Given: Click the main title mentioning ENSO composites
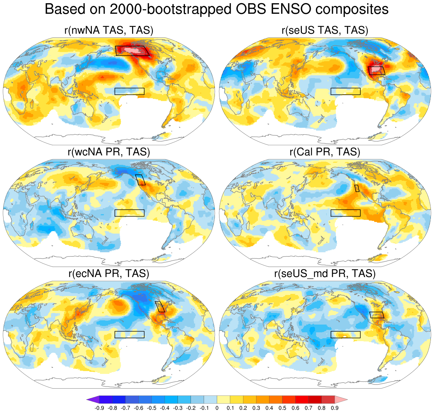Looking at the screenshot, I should (217, 10).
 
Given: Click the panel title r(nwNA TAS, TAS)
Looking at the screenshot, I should (109, 31).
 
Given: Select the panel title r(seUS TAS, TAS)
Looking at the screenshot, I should (325, 31).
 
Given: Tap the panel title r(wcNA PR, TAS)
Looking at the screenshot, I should (109, 152).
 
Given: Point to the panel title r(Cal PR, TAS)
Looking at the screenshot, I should (325, 152).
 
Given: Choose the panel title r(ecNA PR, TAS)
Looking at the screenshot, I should (109, 274).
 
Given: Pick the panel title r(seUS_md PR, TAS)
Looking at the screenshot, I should (325, 274).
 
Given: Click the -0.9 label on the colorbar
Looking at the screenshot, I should (99, 408).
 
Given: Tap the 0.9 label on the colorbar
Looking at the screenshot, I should (335, 408).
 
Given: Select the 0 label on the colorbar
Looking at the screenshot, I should (217, 408).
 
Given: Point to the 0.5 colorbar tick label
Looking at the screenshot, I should (282, 408).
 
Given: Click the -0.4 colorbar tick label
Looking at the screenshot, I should (165, 408).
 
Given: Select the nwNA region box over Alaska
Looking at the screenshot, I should (132, 51).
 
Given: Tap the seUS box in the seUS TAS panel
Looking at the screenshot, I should (377, 70).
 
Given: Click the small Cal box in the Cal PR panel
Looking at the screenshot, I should (357, 188).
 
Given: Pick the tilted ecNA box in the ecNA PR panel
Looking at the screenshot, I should (160, 307).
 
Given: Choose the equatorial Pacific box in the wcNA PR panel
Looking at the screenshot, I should (130, 213).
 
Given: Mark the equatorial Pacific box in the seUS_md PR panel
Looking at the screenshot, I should (346, 334).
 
